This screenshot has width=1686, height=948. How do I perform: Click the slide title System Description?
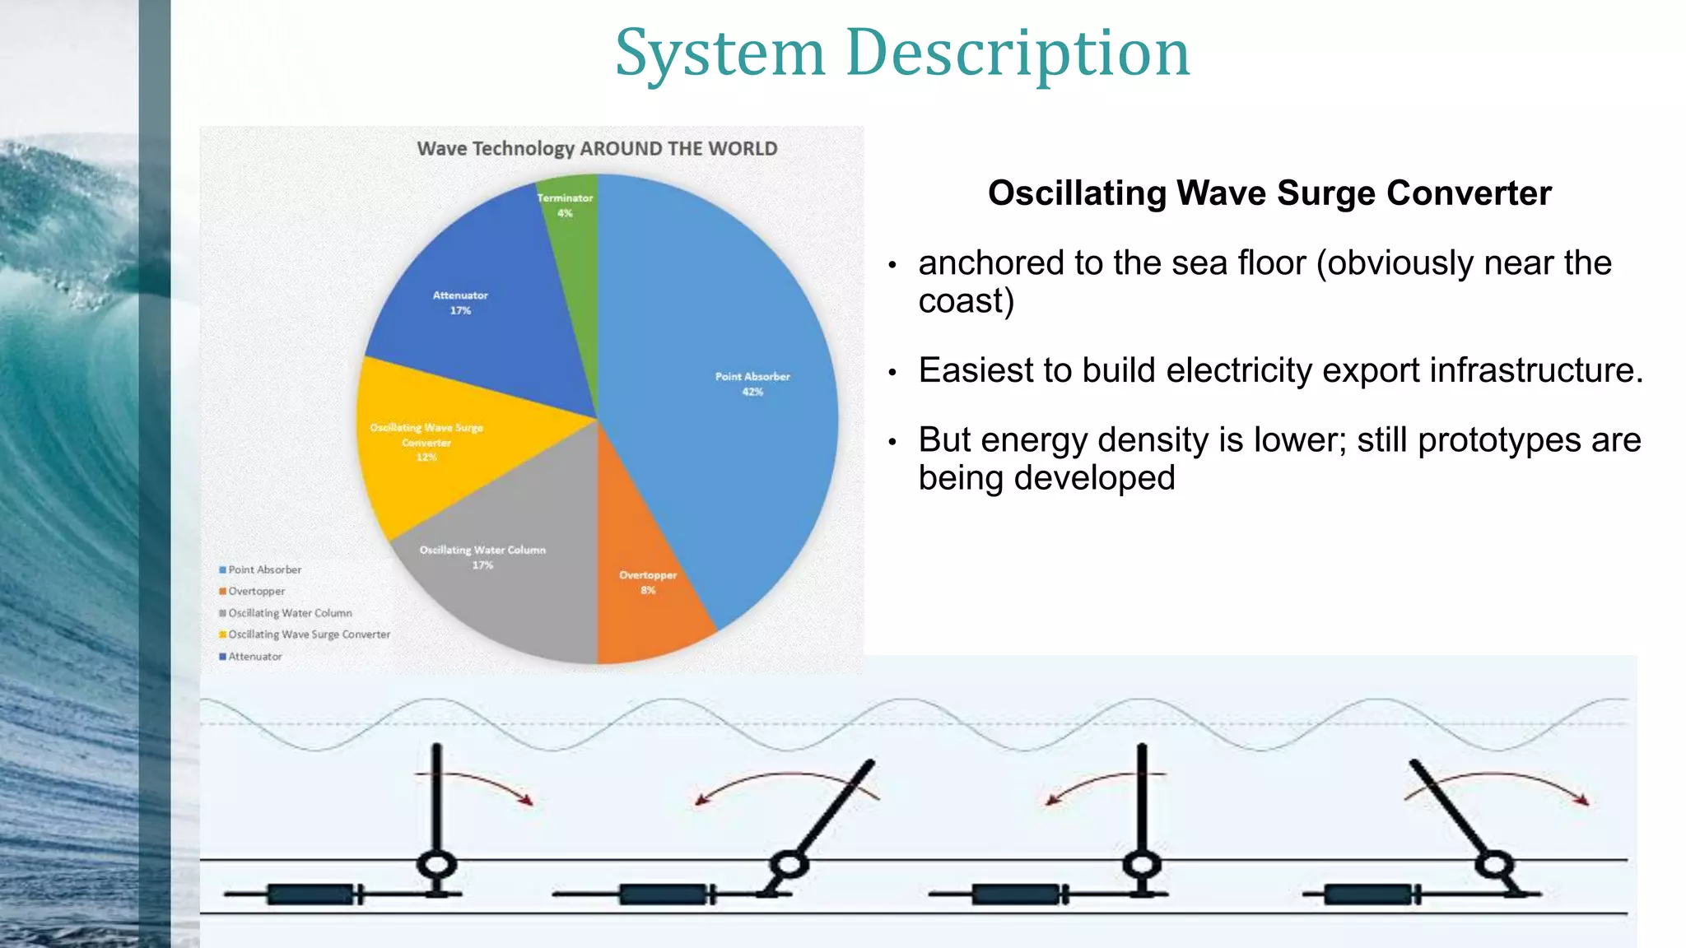coord(902,53)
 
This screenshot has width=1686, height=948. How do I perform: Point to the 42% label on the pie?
coord(752,392)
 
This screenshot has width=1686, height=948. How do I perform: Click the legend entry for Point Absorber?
coord(264,569)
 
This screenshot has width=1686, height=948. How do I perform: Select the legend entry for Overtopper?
coord(256,591)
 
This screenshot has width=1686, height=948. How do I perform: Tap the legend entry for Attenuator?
coord(254,657)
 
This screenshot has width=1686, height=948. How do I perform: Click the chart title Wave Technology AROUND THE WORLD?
coord(597,149)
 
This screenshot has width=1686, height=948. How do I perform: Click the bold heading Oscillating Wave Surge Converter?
coord(1269,193)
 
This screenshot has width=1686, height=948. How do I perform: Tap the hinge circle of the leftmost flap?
coord(436,865)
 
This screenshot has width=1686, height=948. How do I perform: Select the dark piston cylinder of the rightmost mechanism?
coord(1367,894)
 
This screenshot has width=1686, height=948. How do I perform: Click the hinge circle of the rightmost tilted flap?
coord(1494,865)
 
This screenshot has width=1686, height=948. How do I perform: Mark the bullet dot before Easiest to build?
coord(892,373)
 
